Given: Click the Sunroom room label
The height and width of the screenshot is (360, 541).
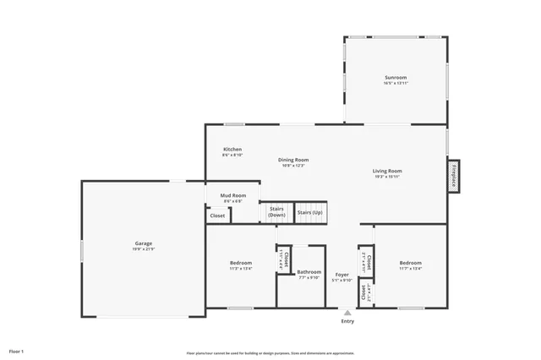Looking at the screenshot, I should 396,77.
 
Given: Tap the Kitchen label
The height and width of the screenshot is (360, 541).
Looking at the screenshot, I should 232,149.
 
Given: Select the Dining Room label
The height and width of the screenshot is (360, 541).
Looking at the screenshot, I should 293,159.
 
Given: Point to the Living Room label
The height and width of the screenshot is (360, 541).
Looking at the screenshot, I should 387,171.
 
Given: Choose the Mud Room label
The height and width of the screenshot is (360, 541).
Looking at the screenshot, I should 233,195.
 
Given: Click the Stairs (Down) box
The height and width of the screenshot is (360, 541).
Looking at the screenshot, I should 276,212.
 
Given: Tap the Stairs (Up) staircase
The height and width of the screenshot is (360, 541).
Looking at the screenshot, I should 310,212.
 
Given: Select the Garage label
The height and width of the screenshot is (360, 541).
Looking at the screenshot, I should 143,243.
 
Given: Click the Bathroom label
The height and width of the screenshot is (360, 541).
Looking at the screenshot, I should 309,271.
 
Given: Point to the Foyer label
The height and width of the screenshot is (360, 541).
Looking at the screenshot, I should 342,274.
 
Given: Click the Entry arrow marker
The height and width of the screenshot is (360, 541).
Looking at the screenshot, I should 347,313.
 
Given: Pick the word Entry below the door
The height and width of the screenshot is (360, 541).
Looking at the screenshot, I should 347,321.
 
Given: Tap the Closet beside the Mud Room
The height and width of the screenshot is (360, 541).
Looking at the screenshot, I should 217,215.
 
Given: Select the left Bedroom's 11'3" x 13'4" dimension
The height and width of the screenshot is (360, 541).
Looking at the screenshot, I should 240,269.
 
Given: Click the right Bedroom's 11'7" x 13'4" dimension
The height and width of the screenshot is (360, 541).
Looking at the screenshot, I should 410,269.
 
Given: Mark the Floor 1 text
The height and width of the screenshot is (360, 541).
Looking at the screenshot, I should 16,350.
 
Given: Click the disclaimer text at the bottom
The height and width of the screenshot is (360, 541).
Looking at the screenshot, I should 270,353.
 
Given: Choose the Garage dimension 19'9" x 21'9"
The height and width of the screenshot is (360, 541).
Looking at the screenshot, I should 143,249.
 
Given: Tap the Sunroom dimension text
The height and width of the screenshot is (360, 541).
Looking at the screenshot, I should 396,83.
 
